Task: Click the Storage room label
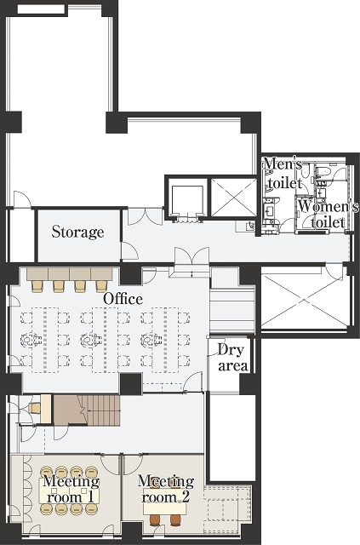pyautogui.click(x=77, y=232)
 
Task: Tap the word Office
pyautogui.click(x=123, y=299)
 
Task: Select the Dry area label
pyautogui.click(x=232, y=358)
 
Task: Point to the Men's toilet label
pyautogui.click(x=283, y=173)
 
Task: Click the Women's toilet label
pyautogui.click(x=328, y=215)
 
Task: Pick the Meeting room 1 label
pyautogui.click(x=71, y=489)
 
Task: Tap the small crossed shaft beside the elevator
pyautogui.click(x=233, y=197)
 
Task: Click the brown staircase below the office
pyautogui.click(x=87, y=410)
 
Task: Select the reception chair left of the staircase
pyautogui.click(x=34, y=408)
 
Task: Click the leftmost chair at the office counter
pyautogui.click(x=37, y=286)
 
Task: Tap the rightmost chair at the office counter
pyautogui.click(x=101, y=286)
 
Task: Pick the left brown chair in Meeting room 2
pyautogui.click(x=155, y=520)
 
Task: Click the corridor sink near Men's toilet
pyautogui.click(x=249, y=227)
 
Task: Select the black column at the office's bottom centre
pyautogui.click(x=131, y=384)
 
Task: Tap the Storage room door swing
pyautogui.click(x=129, y=250)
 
